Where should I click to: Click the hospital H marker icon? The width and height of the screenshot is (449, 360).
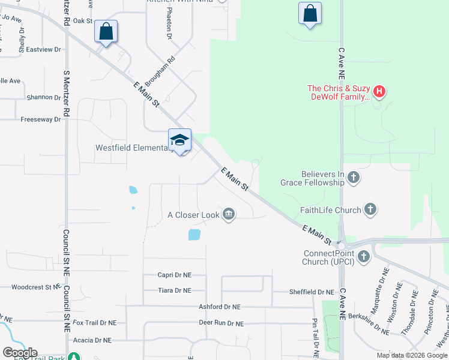click(379, 92)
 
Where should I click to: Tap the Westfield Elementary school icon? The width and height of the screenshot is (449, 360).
click(179, 140)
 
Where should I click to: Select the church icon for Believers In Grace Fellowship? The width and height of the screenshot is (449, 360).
click(354, 177)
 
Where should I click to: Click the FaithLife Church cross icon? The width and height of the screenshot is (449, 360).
click(370, 209)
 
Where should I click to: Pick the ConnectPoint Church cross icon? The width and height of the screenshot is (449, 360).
click(363, 257)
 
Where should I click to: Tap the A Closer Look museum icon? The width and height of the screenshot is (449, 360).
click(228, 214)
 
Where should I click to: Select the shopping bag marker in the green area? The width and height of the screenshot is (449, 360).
click(310, 13)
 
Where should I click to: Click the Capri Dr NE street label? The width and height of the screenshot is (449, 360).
click(174, 275)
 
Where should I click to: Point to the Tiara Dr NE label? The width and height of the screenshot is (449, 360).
click(174, 290)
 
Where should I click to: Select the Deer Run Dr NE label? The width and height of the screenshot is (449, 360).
click(221, 323)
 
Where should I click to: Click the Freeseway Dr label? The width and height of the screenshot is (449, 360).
click(41, 119)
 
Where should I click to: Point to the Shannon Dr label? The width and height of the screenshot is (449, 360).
click(43, 97)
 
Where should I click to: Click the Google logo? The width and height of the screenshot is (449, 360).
click(20, 353)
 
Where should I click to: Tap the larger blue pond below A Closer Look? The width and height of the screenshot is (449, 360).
click(194, 235)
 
